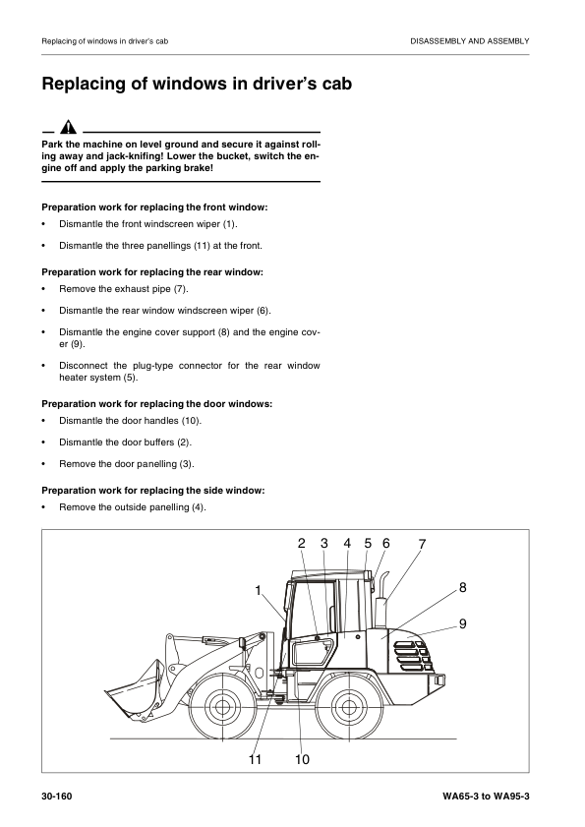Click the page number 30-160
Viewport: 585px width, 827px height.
[x=59, y=795]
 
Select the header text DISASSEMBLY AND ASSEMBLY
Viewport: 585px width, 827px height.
[x=469, y=40]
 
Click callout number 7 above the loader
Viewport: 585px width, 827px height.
[x=422, y=544]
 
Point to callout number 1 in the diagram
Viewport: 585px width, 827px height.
[x=258, y=591]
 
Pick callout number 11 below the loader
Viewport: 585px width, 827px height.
[x=256, y=760]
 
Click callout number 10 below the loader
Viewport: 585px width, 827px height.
[x=301, y=760]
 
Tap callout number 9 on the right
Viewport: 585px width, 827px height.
[x=462, y=623]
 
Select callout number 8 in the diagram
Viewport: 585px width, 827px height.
[x=462, y=588]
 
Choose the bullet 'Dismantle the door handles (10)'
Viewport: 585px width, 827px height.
[x=130, y=420]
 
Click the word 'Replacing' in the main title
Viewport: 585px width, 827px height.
[x=94, y=85]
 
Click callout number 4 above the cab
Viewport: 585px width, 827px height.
[x=347, y=544]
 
